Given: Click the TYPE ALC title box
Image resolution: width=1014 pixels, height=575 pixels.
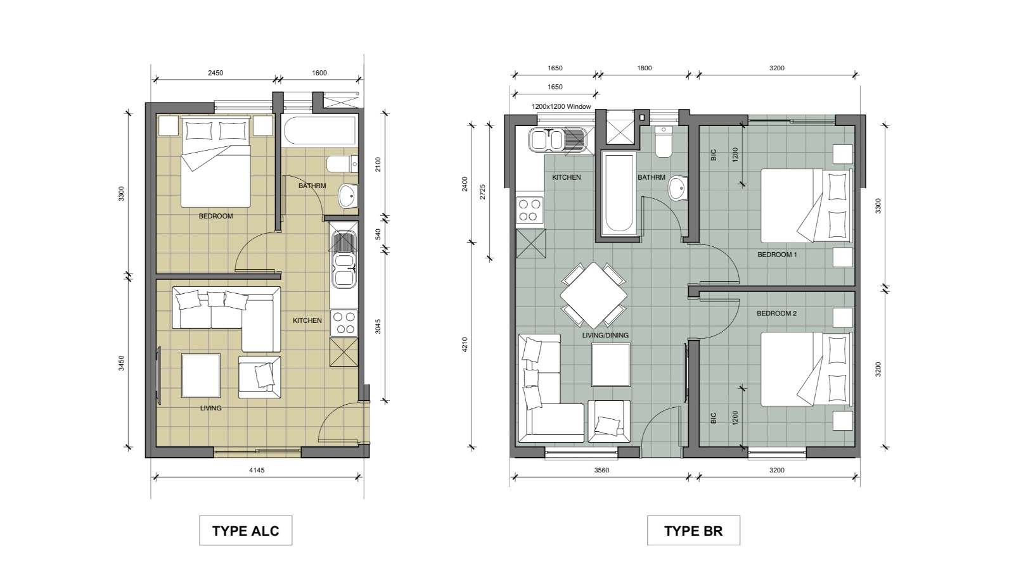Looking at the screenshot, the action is (x=245, y=530).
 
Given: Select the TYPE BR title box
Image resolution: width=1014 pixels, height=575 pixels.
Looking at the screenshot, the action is (x=693, y=530).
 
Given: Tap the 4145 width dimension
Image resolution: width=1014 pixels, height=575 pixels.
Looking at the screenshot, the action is (x=257, y=470).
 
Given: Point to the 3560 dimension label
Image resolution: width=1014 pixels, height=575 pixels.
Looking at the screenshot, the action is (x=601, y=470).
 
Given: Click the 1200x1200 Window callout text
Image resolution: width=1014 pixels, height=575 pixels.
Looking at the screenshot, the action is (x=562, y=107).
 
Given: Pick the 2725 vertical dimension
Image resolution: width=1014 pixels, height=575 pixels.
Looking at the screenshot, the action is (x=482, y=191).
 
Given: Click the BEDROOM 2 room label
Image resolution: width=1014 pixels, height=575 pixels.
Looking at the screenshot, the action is (x=777, y=313).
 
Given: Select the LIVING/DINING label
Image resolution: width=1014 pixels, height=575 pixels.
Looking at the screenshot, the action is (x=605, y=335).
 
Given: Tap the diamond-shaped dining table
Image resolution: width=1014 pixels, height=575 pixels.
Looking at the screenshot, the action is (x=593, y=296).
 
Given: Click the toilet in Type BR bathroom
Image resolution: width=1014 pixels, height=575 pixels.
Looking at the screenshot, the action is (x=664, y=142).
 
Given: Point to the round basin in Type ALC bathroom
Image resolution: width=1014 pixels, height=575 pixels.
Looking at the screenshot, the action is (x=348, y=196).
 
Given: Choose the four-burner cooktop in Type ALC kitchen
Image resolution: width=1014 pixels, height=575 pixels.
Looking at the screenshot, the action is (x=343, y=323).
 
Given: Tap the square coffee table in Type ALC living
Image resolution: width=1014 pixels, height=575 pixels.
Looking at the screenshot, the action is (x=201, y=376).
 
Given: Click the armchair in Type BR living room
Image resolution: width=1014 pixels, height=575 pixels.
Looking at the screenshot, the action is (x=609, y=421).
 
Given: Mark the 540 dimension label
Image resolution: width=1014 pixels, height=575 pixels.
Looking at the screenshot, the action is (x=378, y=234).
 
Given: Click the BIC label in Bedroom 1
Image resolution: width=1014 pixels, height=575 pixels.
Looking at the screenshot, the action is (x=714, y=155).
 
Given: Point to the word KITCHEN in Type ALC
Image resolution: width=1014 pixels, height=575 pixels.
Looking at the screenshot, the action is (x=307, y=320).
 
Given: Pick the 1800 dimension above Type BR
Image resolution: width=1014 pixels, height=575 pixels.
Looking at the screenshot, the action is (x=645, y=68).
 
